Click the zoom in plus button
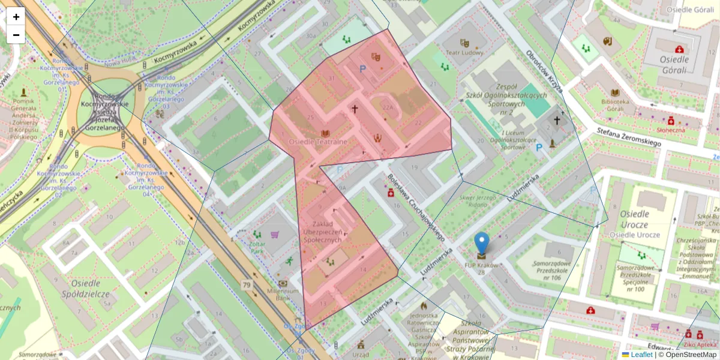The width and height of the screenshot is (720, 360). tap(16, 17)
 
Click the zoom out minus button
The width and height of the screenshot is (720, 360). tap(16, 35)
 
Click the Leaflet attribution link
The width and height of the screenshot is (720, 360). tap(641, 355)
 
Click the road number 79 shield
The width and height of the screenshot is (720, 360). tap(246, 284)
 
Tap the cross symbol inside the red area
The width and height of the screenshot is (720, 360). tap(355, 109)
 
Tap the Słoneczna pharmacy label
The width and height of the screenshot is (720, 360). tap(671, 129)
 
